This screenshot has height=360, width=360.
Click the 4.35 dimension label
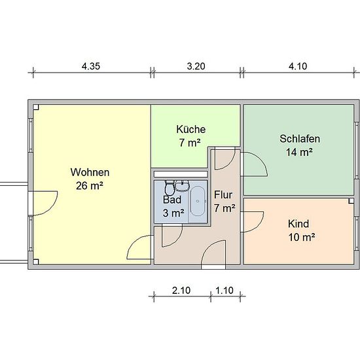91,66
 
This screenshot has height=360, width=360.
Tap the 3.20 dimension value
196,66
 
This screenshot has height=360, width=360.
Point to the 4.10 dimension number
298,66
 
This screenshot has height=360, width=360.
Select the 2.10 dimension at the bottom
181,291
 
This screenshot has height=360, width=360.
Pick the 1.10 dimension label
225,291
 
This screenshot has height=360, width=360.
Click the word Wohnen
90,172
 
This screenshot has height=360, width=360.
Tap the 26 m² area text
89,185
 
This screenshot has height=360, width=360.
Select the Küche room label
190,129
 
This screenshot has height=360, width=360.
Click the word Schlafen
300,139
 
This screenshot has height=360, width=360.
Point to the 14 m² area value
299,152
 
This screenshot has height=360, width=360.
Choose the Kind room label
298,224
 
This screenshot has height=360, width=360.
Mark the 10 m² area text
302,237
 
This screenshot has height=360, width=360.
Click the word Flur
223,194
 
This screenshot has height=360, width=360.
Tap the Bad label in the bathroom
172,200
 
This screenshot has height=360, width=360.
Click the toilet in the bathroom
170,188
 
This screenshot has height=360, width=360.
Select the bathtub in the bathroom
198,202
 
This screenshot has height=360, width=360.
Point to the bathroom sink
183,185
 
